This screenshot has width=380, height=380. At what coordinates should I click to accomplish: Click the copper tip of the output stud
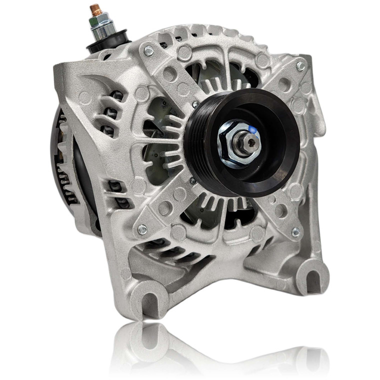point(94,9)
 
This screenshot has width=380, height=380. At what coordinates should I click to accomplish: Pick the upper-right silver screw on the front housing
point(300,66)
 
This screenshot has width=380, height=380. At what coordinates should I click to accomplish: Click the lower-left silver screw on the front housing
point(142,228)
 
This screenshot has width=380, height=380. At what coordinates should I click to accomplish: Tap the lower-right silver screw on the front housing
point(295,231)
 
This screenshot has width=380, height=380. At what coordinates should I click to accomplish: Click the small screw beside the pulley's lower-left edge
point(192,179)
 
